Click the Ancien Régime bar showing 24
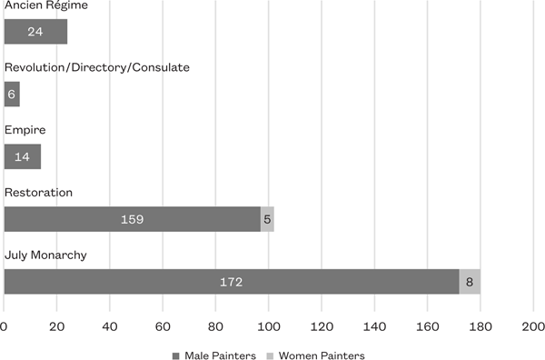click(35, 32)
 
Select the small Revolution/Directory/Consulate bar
click(12, 95)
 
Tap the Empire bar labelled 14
click(23, 157)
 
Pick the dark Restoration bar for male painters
click(133, 219)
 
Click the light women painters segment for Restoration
click(267, 219)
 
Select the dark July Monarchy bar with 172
click(231, 282)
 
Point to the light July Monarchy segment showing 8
click(470, 282)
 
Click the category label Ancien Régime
click(42, 6)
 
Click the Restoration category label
click(38, 193)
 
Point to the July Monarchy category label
click(45, 255)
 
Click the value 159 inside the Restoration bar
click(133, 219)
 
